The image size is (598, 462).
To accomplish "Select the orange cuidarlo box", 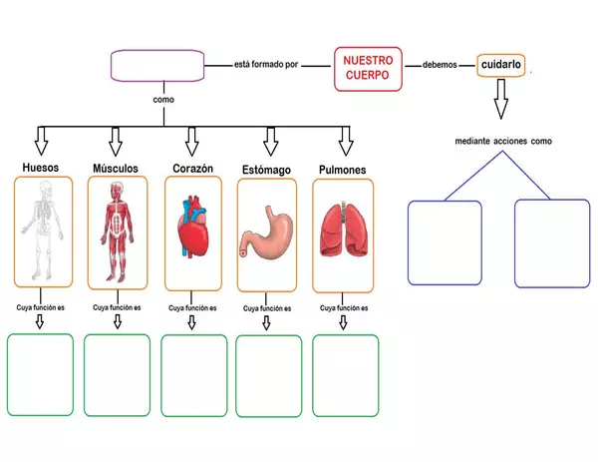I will (x=500, y=65).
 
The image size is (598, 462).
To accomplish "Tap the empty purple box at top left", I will (x=155, y=67).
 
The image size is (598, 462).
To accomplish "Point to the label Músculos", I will (x=116, y=168).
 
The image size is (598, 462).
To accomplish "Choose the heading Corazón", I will (x=193, y=169).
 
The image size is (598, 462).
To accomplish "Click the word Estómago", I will (x=266, y=170).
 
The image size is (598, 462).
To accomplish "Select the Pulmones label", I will (x=343, y=170).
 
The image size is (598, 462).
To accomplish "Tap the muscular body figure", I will (x=116, y=235).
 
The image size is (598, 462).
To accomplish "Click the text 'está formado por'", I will (x=267, y=65).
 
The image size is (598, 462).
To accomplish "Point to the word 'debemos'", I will (x=440, y=65).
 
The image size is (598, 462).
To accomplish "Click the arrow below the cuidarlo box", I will (x=500, y=99).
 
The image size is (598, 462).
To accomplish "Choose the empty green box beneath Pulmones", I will (x=345, y=374).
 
